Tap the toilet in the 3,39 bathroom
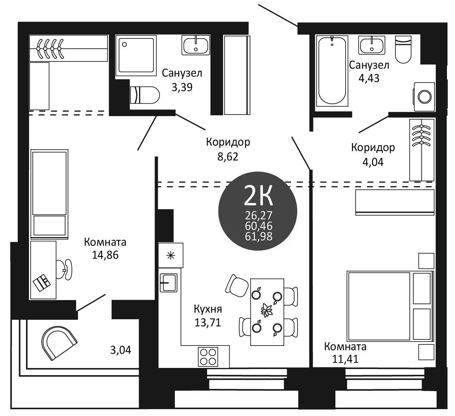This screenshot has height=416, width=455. [144, 95]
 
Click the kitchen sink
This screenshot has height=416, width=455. [169, 283]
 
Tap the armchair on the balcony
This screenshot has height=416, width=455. [59, 343]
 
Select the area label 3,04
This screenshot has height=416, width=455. [121, 350]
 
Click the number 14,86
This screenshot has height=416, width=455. [105, 255]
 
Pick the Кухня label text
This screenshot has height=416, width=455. [208, 309]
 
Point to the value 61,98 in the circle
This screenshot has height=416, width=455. [259, 236]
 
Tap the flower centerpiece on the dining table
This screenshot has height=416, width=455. [267, 310]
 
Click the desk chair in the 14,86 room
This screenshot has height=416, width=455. [64, 269]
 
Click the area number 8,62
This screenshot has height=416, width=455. [228, 157]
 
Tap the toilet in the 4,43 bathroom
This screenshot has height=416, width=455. [403, 49]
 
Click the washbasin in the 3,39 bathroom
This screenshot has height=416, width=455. [196, 45]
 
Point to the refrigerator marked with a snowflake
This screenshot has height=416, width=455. [170, 255]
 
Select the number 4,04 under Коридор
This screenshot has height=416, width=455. [373, 162]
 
